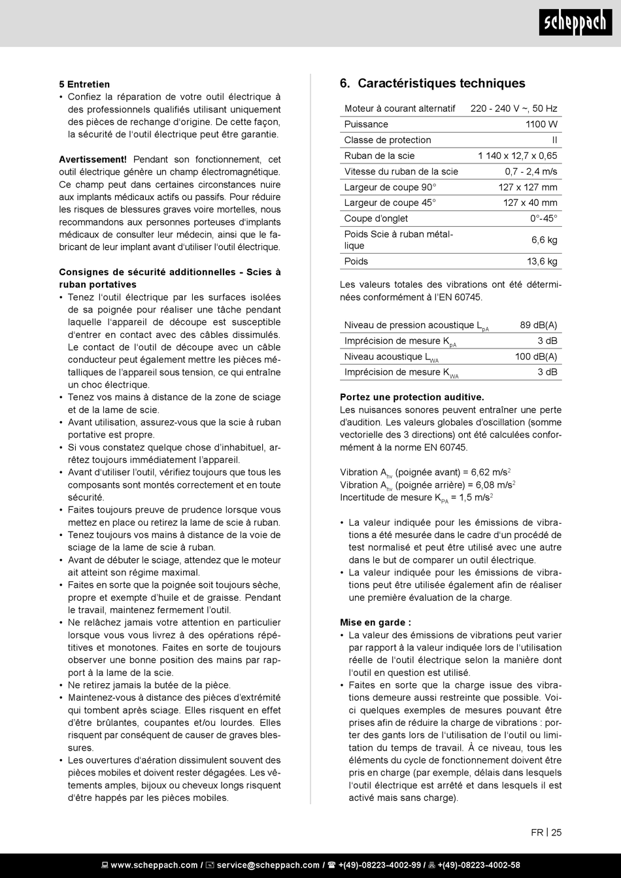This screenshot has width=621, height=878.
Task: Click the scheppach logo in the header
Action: pyautogui.click(x=575, y=23)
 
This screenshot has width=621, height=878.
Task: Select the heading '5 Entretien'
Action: pyautogui.click(x=84, y=84)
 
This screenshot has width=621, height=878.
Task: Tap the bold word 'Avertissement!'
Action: pyautogui.click(x=93, y=160)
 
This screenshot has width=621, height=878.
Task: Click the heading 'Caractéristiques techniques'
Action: pyautogui.click(x=441, y=84)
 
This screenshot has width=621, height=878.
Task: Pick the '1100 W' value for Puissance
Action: pyautogui.click(x=541, y=124)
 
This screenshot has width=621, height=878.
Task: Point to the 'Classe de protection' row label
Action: pyautogui.click(x=388, y=140)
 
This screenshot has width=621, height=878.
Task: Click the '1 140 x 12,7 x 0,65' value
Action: pyautogui.click(x=517, y=156)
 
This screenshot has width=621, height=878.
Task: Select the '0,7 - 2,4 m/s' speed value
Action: pyautogui.click(x=531, y=171)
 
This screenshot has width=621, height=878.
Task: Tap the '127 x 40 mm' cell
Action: pyautogui.click(x=530, y=203)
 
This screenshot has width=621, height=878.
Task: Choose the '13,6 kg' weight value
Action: pyautogui.click(x=542, y=262)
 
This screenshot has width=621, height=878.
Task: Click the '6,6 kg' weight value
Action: pyautogui.click(x=544, y=240)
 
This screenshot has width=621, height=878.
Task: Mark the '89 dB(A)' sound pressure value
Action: pyautogui.click(x=539, y=325)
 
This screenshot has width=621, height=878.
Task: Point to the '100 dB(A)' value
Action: pyautogui.click(x=536, y=356)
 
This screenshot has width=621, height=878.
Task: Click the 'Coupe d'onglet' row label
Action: pyautogui.click(x=376, y=218)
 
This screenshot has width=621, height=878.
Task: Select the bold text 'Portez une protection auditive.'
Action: pyautogui.click(x=412, y=397)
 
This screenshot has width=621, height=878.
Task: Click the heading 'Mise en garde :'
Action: pyautogui.click(x=375, y=622)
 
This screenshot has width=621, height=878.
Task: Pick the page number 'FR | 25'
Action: pyautogui.click(x=546, y=832)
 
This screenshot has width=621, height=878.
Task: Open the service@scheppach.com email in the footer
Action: pyautogui.click(x=268, y=865)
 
